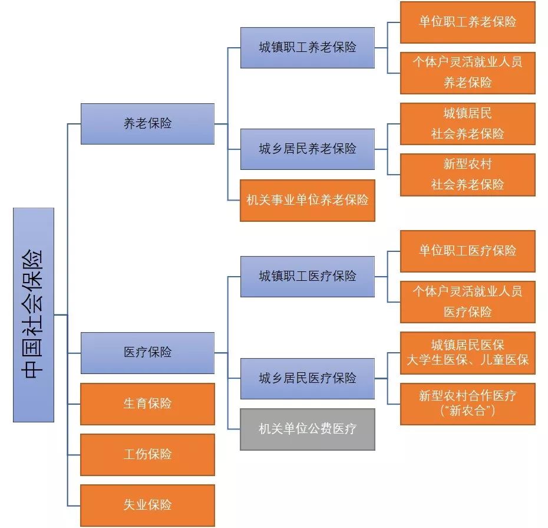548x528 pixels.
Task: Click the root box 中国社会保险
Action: point(34,314)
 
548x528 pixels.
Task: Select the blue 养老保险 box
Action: point(147,124)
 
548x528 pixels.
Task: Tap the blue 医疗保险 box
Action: point(147,353)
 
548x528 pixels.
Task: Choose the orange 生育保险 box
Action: point(147,404)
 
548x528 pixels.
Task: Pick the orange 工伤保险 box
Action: point(147,455)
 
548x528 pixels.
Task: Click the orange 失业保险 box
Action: point(147,506)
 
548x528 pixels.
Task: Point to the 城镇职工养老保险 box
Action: point(308,48)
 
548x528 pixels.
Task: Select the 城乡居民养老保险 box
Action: point(308,149)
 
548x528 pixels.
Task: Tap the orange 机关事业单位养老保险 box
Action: point(308,201)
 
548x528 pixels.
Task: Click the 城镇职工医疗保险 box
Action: point(308,276)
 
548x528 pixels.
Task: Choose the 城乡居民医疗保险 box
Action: point(308,378)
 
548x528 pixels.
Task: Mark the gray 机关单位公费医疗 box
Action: point(308,429)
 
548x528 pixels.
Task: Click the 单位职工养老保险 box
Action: point(468,22)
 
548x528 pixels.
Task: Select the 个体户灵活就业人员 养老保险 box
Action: point(468,73)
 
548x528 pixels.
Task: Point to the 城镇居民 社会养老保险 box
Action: point(468,124)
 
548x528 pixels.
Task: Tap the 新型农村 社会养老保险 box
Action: point(468,175)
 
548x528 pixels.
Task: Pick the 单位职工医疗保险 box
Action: point(468,251)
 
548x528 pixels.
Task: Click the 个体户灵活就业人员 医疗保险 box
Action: point(468,301)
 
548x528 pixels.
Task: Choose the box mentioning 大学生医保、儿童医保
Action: point(468,353)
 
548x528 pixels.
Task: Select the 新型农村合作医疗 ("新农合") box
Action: point(468,404)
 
